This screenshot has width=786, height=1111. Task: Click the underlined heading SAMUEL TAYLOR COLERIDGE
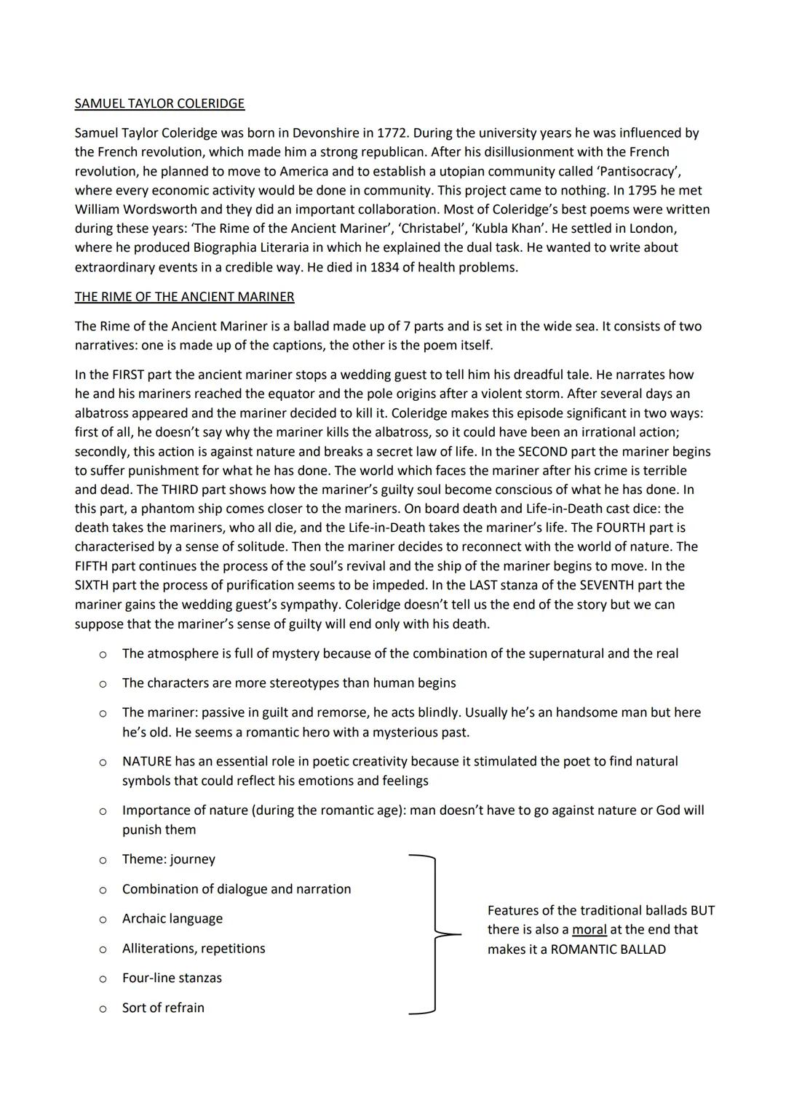coord(159,103)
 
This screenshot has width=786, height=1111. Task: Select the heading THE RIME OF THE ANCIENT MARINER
coord(184,297)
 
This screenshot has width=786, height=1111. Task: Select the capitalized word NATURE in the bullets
coord(147,762)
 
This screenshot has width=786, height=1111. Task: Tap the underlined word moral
coord(589,930)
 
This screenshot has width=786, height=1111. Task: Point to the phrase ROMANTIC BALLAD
coord(608,949)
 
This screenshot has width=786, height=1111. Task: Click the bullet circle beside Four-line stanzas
coord(103,979)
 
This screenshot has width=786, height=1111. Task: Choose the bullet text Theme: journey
coord(169,859)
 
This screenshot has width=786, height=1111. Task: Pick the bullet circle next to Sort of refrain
coord(103,1008)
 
